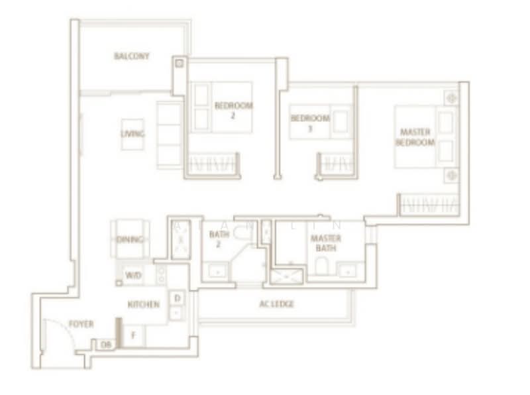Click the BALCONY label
coord(131,56)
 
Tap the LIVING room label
coord(132,134)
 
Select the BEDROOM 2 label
coord(233,110)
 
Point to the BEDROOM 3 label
coord(309,123)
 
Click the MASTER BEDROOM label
coord(415,138)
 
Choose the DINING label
coord(130,239)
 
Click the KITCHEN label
coord(144,304)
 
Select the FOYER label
coord(81,324)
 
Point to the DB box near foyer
coord(105,345)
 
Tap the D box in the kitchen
coord(177,298)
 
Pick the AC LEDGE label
coord(276,304)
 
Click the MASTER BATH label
coord(326,243)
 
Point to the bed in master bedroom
coord(424,137)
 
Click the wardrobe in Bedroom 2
coord(213,163)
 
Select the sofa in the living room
coord(170,135)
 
